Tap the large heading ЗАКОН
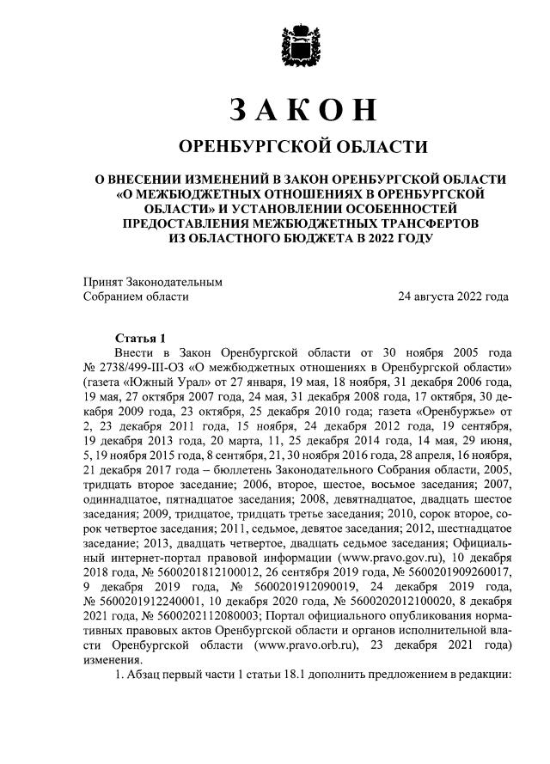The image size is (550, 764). [302, 110]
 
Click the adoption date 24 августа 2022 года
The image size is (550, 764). [453, 296]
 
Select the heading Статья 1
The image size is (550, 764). [138, 338]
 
